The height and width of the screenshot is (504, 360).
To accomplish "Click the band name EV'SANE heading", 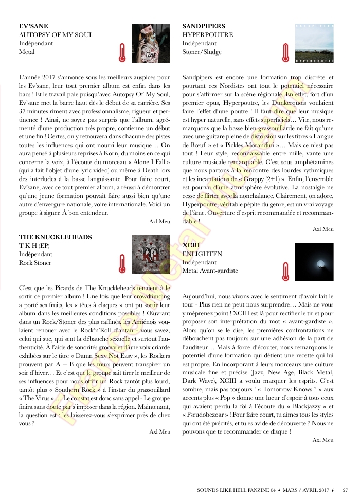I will (x=33, y=26).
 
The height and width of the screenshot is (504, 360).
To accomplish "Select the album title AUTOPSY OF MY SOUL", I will (x=56, y=35).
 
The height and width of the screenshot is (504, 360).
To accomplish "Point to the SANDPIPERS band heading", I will (x=204, y=26).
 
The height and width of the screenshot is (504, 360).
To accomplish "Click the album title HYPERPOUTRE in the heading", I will (x=208, y=35).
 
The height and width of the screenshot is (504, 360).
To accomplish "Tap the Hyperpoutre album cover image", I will (x=314, y=43).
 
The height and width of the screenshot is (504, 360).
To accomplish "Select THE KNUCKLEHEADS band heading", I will (x=55, y=237).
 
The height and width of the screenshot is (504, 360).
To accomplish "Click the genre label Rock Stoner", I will (x=35, y=263).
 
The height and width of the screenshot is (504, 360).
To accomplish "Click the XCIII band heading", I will (x=191, y=245).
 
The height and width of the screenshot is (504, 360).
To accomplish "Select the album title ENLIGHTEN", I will (x=203, y=254).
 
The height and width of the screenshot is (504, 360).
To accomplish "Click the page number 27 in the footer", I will (x=346, y=490).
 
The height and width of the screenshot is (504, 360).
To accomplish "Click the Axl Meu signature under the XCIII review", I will (x=323, y=440).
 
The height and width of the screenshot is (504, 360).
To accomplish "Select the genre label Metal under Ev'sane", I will (x=27, y=52).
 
